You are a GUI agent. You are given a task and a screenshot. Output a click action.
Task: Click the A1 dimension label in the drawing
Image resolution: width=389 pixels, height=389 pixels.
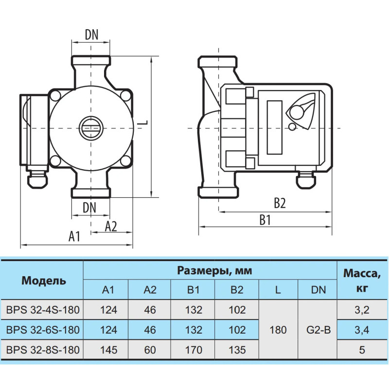[x=74, y=236]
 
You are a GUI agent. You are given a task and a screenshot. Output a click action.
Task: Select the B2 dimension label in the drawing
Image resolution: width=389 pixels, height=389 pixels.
[x=279, y=203]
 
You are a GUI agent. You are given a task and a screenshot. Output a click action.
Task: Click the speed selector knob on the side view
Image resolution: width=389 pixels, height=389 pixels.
[x=300, y=113]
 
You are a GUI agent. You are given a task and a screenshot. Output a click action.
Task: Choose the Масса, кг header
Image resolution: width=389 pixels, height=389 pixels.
[x=362, y=281]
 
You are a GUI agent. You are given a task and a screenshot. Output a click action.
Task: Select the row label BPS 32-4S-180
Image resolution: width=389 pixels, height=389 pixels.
[x=43, y=310]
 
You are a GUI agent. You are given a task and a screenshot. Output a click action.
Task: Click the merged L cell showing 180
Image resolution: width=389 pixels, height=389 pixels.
[x=278, y=330]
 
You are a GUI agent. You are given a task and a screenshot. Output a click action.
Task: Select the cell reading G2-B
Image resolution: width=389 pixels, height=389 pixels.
[x=318, y=330]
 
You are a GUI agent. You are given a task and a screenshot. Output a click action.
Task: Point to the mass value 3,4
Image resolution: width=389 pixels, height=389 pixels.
[x=362, y=330]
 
